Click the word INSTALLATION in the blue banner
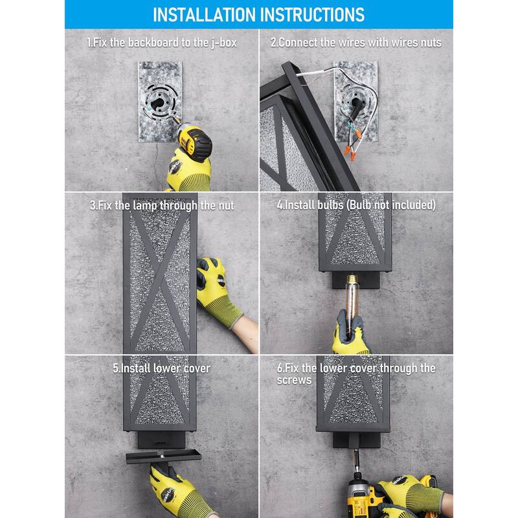tap(205, 14)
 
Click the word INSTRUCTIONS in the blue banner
tap(313, 14)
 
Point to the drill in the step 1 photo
tap(192, 138)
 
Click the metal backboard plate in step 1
tap(160, 102)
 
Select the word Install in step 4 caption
tap(298, 205)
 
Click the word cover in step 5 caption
tap(197, 368)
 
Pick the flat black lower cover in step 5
tap(164, 456)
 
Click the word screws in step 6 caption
tap(294, 380)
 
